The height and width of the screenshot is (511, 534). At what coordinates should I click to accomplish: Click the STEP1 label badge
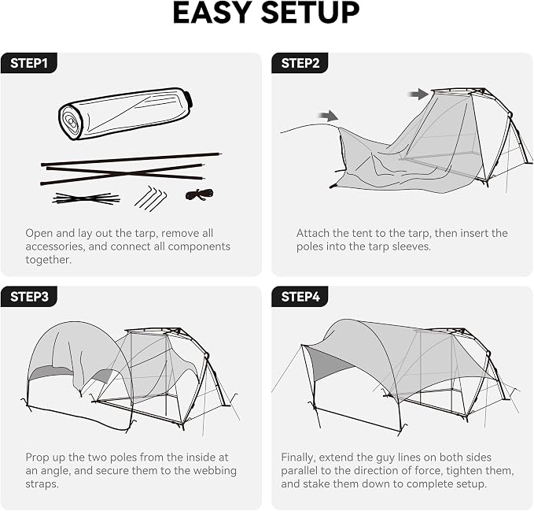29,63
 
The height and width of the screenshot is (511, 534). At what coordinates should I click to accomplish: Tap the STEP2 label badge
300,63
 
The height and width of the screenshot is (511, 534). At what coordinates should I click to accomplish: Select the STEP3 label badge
29,297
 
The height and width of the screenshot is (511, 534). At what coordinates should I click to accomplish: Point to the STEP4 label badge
300,297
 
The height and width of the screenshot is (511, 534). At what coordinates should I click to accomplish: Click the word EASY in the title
212,13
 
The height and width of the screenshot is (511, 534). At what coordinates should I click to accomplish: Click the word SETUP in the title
310,13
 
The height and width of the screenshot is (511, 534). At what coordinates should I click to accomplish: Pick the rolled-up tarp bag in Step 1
125,113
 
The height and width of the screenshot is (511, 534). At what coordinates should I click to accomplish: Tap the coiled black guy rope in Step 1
200,194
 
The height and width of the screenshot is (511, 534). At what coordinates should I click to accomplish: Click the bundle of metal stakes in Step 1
150,198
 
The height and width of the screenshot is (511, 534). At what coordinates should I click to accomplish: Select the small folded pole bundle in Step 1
87,198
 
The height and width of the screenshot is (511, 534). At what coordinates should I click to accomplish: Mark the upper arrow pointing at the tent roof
418,94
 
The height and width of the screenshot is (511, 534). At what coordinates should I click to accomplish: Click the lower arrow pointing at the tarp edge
328,116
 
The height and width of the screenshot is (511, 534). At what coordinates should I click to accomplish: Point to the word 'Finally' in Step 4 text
298,457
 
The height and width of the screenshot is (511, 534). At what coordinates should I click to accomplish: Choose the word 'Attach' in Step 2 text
313,233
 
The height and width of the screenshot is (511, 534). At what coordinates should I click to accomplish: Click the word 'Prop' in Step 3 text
35,457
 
